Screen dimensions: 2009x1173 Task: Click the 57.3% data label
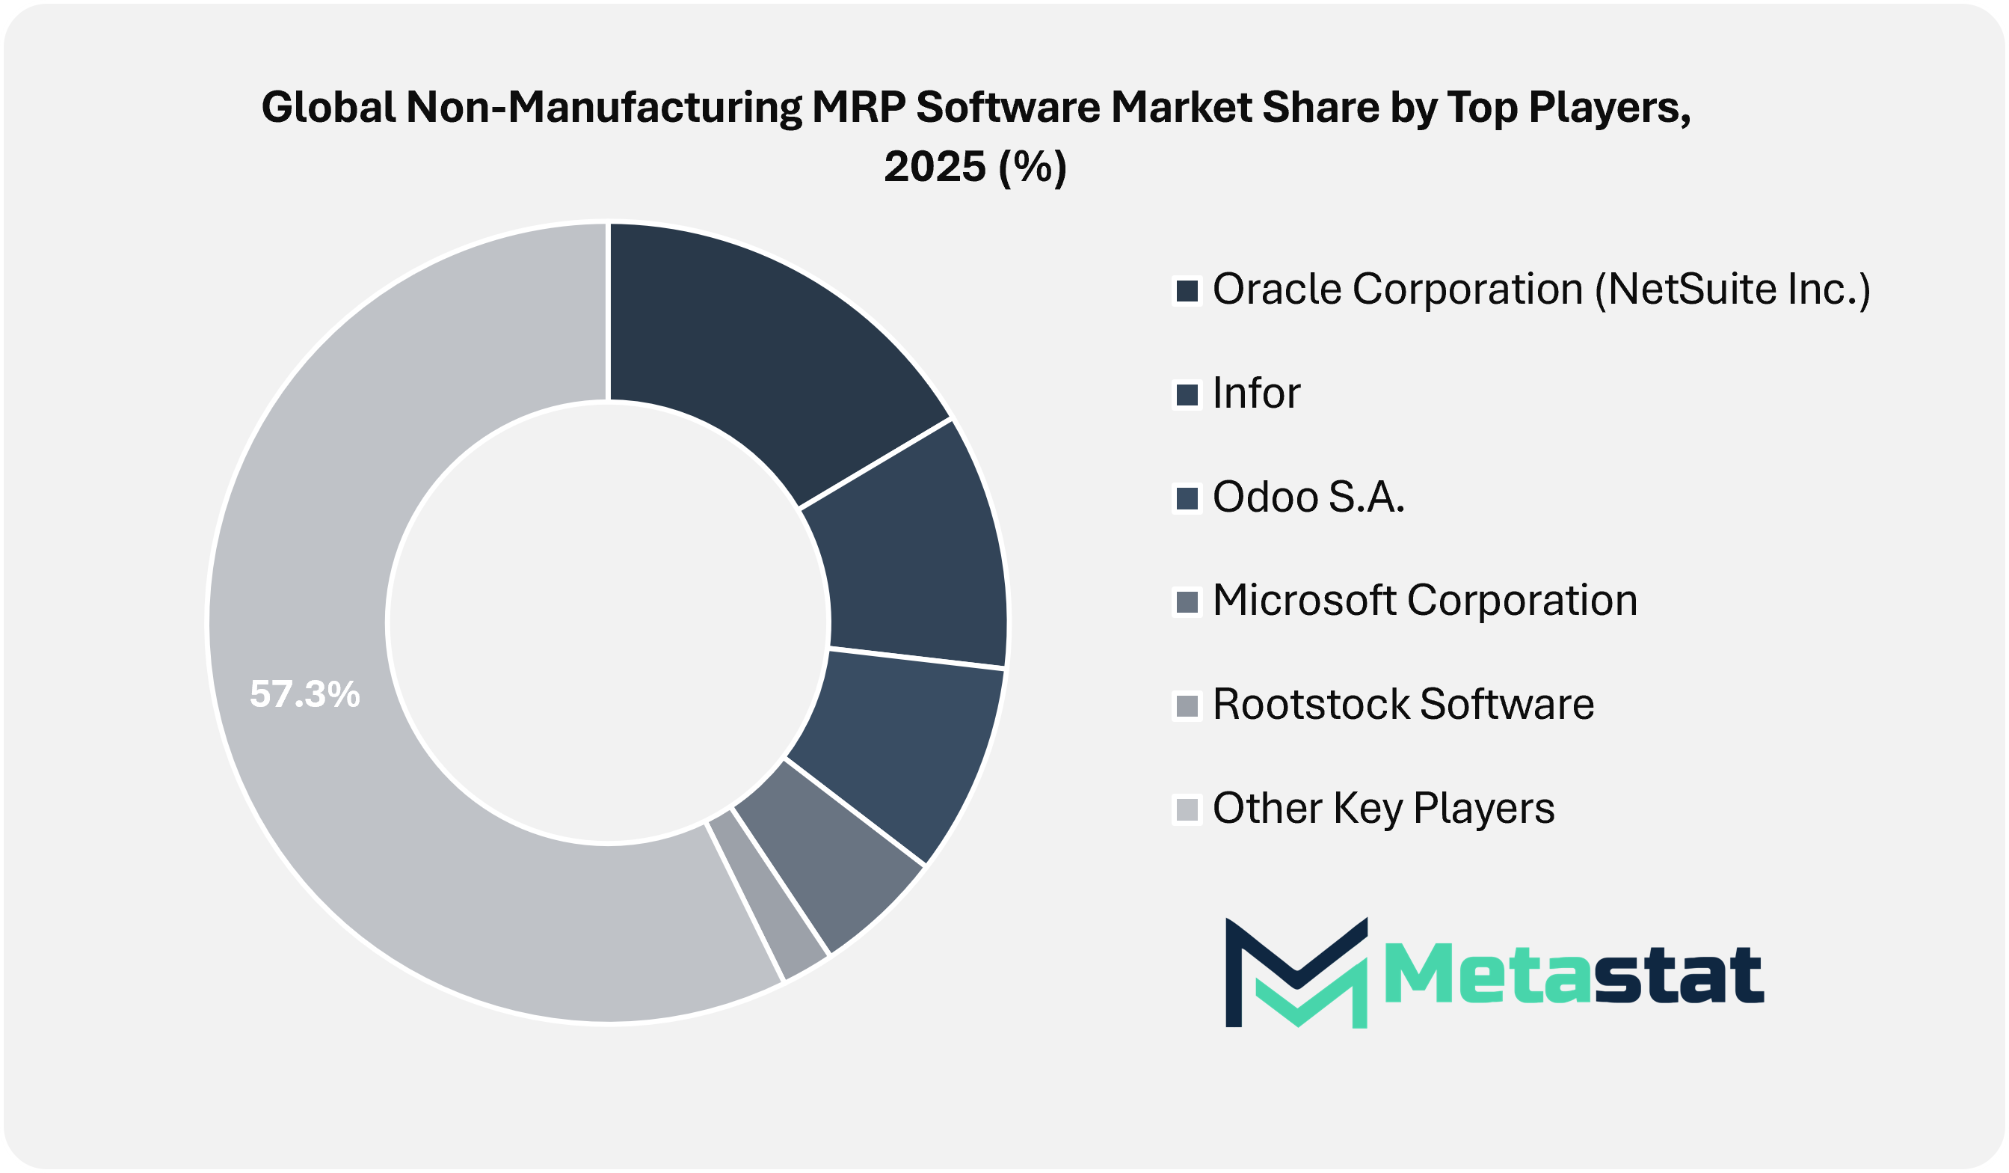304,693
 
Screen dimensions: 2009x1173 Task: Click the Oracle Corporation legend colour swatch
1187,290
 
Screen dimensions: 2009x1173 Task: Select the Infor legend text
1256,393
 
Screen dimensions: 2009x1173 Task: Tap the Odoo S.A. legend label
1308,497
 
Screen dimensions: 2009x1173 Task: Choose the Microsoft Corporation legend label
1424,601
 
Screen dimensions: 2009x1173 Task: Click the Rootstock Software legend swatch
1187,705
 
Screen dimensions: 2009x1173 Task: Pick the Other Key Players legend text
1383,808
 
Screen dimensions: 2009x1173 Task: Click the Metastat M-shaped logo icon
1297,972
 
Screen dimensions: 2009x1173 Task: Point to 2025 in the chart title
935,167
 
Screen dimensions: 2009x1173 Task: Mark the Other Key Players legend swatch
1187,809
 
